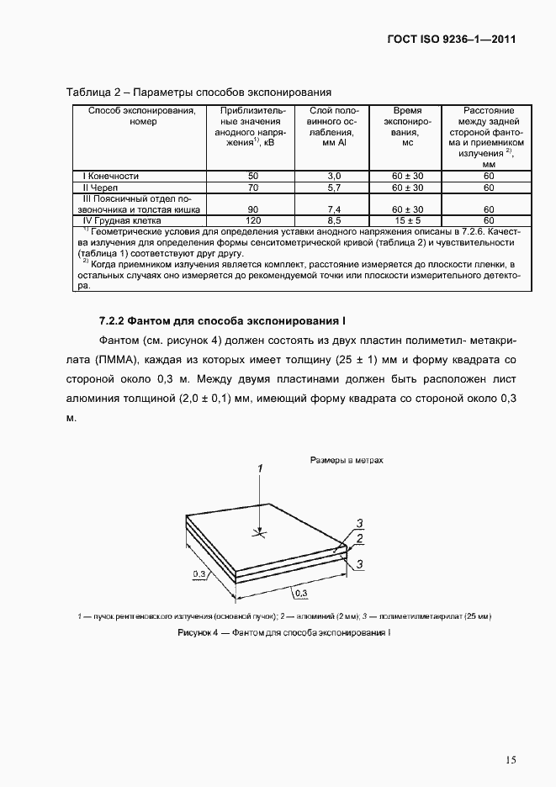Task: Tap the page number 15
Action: pos(511,760)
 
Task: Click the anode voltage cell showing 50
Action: pos(252,176)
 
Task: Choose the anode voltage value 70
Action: pos(252,187)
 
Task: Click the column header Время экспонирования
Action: pos(406,127)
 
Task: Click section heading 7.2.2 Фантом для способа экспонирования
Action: pos(223,321)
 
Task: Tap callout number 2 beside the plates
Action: pos(359,538)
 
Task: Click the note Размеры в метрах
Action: pos(347,461)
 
